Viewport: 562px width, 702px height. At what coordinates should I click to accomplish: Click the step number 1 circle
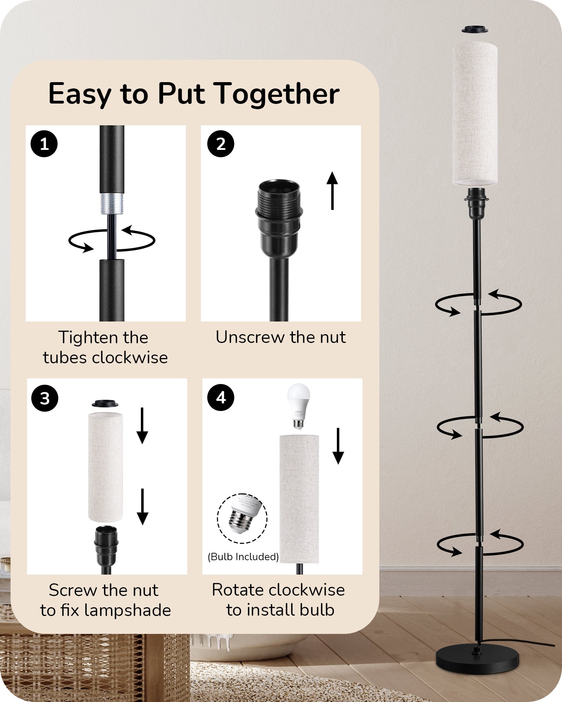pyautogui.click(x=44, y=144)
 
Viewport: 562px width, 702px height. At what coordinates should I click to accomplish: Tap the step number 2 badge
pyautogui.click(x=221, y=144)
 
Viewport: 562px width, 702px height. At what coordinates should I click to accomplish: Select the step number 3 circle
pyautogui.click(x=45, y=398)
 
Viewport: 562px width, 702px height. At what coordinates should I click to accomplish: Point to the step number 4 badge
pyautogui.click(x=221, y=397)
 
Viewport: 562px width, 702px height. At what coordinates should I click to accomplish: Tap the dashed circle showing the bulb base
pyautogui.click(x=242, y=518)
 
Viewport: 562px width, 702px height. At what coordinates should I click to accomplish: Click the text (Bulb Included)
pyautogui.click(x=243, y=557)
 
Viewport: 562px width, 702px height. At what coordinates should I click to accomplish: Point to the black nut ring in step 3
pyautogui.click(x=105, y=403)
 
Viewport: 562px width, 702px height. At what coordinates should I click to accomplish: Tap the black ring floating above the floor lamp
pyautogui.click(x=475, y=29)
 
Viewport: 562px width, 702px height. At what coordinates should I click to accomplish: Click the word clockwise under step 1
pyautogui.click(x=130, y=358)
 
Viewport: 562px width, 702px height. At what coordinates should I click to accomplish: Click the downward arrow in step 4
pyautogui.click(x=338, y=446)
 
